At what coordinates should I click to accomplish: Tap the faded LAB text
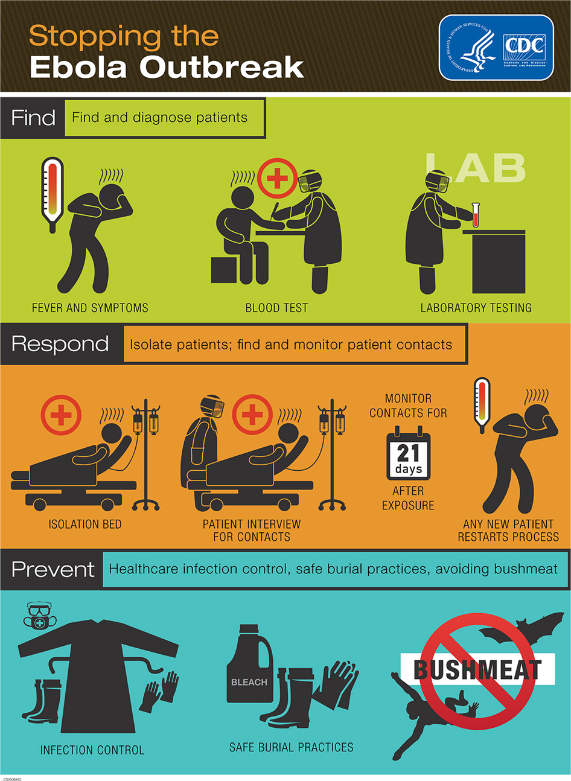476,167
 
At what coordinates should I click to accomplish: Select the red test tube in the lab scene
475,214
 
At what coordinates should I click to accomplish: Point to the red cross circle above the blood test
277,178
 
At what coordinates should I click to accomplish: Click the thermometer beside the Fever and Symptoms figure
53,194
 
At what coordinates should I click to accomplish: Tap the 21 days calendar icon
408,453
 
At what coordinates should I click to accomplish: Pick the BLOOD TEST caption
276,308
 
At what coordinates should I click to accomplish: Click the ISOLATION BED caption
85,524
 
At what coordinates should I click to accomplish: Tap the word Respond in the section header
60,344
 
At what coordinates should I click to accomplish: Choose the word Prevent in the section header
53,570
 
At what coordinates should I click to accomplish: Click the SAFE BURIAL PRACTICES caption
291,747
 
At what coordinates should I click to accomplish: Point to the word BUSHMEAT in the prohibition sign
477,670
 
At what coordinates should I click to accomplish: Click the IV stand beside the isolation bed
145,454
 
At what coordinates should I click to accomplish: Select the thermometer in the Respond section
482,406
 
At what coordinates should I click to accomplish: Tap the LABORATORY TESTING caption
476,308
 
